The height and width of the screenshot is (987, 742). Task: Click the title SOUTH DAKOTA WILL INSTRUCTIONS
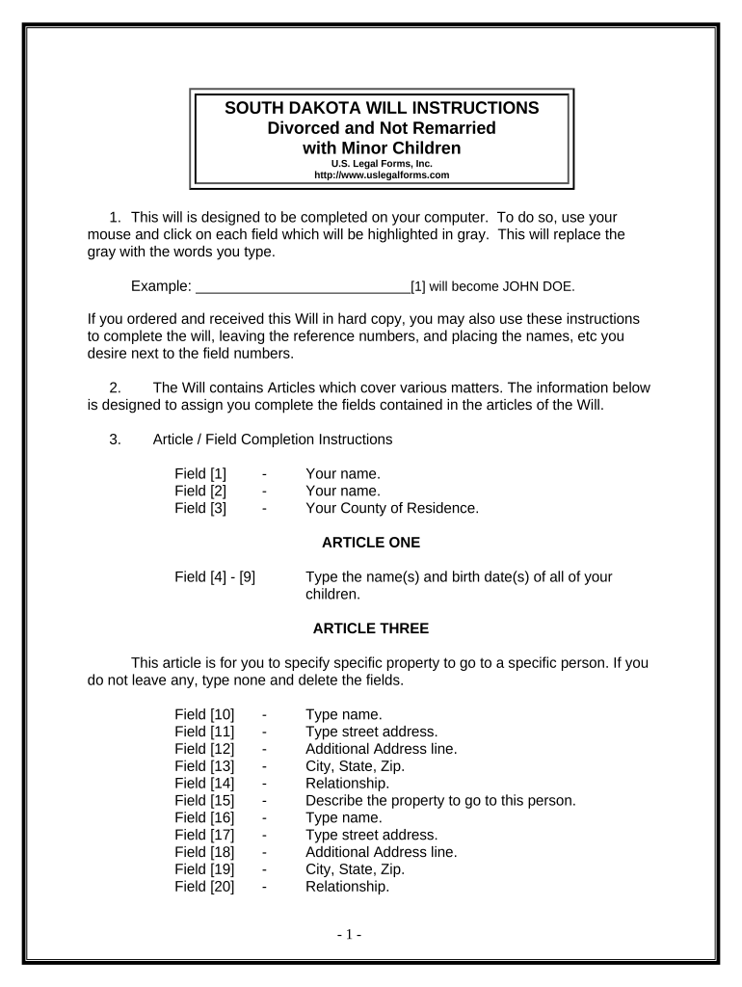(x=382, y=108)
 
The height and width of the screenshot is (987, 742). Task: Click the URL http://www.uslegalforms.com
(x=382, y=175)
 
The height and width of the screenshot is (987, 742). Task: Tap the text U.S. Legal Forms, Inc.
(x=382, y=164)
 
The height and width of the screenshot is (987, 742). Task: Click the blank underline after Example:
(x=303, y=286)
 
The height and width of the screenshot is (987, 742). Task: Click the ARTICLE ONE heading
(x=371, y=543)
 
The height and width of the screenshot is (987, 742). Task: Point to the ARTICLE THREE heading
(x=371, y=628)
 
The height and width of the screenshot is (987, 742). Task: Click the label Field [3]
(x=200, y=508)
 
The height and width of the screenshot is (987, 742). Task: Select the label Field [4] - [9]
(x=215, y=577)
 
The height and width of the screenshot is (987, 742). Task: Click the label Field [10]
(x=204, y=714)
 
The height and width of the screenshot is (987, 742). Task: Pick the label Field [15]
(x=204, y=800)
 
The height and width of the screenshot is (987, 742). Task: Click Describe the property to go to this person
(x=440, y=800)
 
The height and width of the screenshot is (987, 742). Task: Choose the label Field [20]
(x=204, y=887)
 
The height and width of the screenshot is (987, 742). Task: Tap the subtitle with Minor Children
(x=382, y=148)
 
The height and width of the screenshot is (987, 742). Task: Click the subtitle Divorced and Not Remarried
(x=382, y=128)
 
